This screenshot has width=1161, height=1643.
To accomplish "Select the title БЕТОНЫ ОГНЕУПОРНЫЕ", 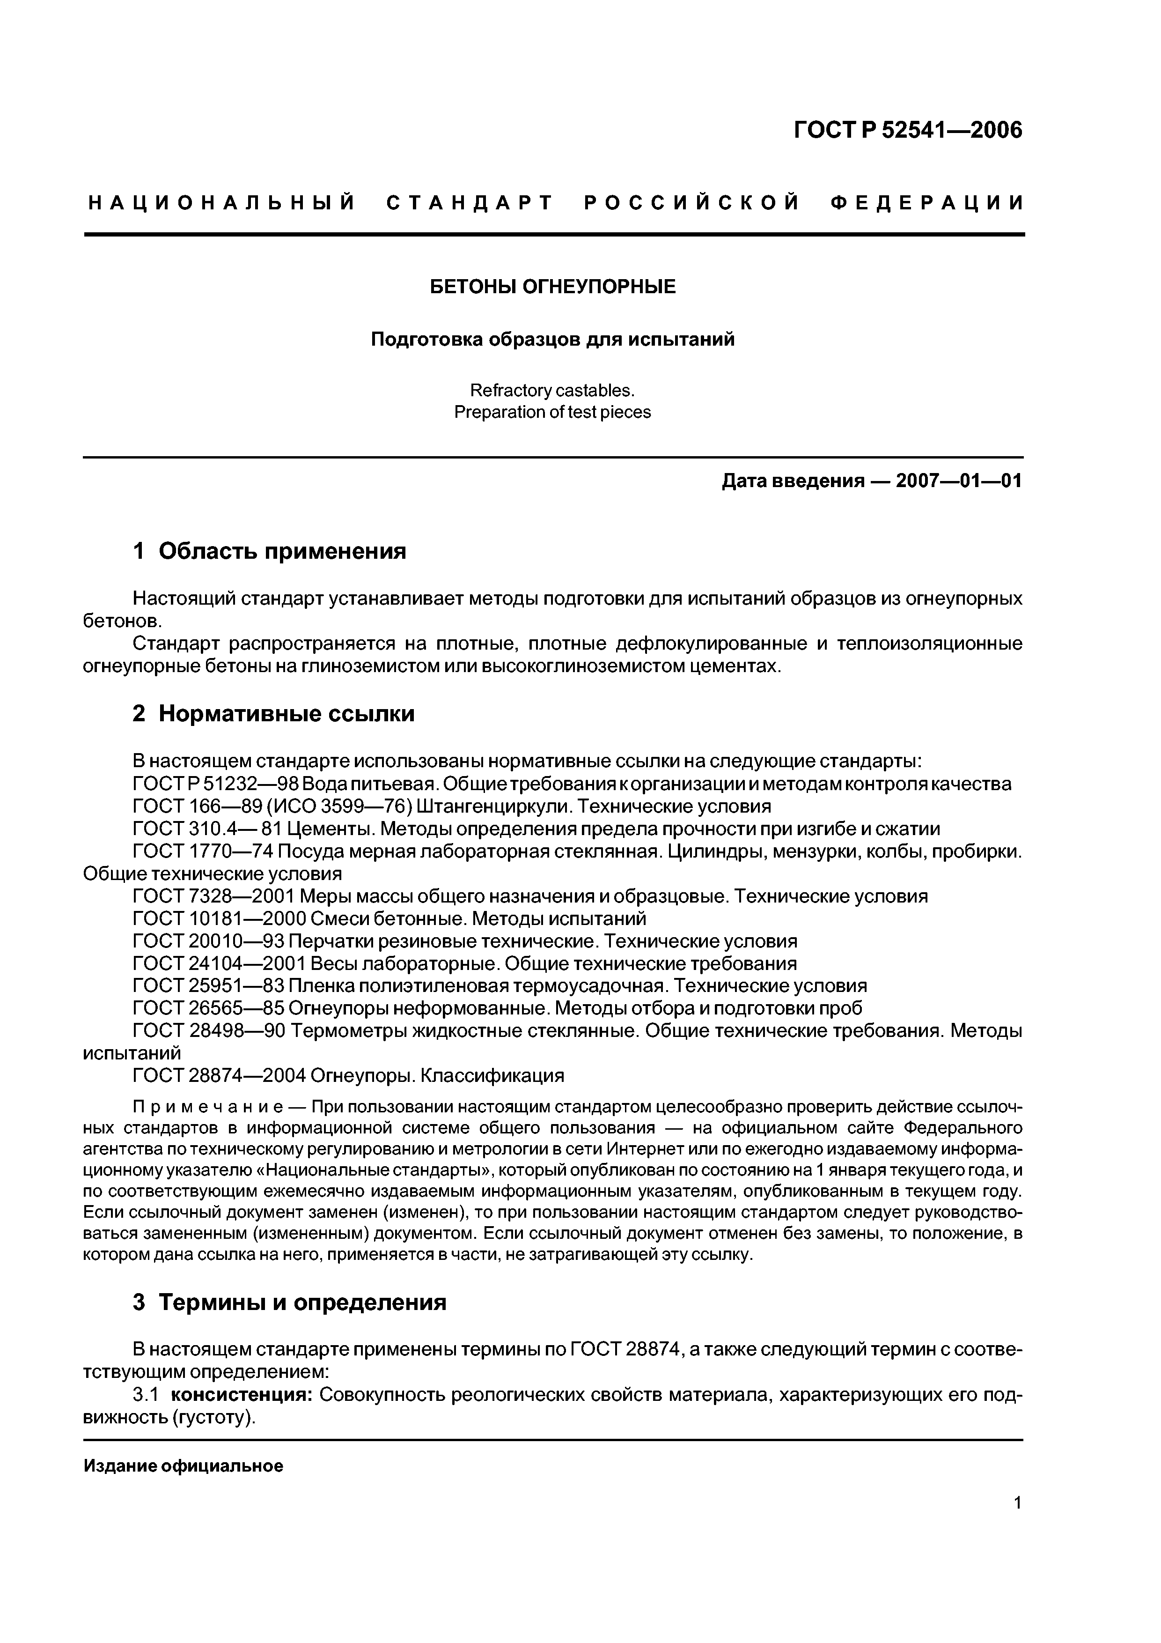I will [552, 287].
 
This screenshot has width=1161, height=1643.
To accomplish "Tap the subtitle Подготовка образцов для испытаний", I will [552, 339].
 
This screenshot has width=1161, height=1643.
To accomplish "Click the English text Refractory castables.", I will [552, 391].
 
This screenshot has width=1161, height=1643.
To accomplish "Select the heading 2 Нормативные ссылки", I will [274, 713].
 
